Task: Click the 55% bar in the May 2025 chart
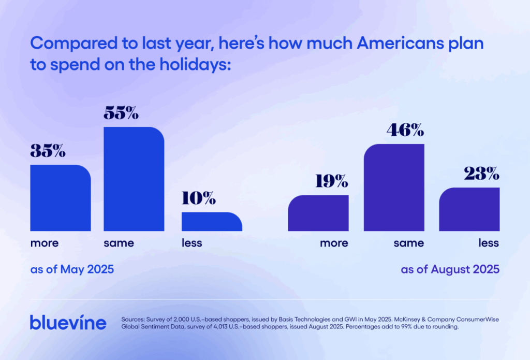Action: click(134, 179)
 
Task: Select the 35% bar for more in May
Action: click(61, 198)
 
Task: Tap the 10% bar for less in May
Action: click(212, 222)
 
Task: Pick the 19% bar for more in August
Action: click(318, 213)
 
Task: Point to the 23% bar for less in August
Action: click(469, 209)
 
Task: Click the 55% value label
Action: click(121, 113)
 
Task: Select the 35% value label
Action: click(48, 151)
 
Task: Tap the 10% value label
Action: click(199, 198)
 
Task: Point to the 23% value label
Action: click(481, 174)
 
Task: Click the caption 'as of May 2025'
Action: click(72, 269)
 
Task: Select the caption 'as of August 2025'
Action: click(450, 269)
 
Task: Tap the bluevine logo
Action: click(68, 322)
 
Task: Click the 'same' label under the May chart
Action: click(119, 243)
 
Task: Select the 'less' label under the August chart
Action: click(489, 243)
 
